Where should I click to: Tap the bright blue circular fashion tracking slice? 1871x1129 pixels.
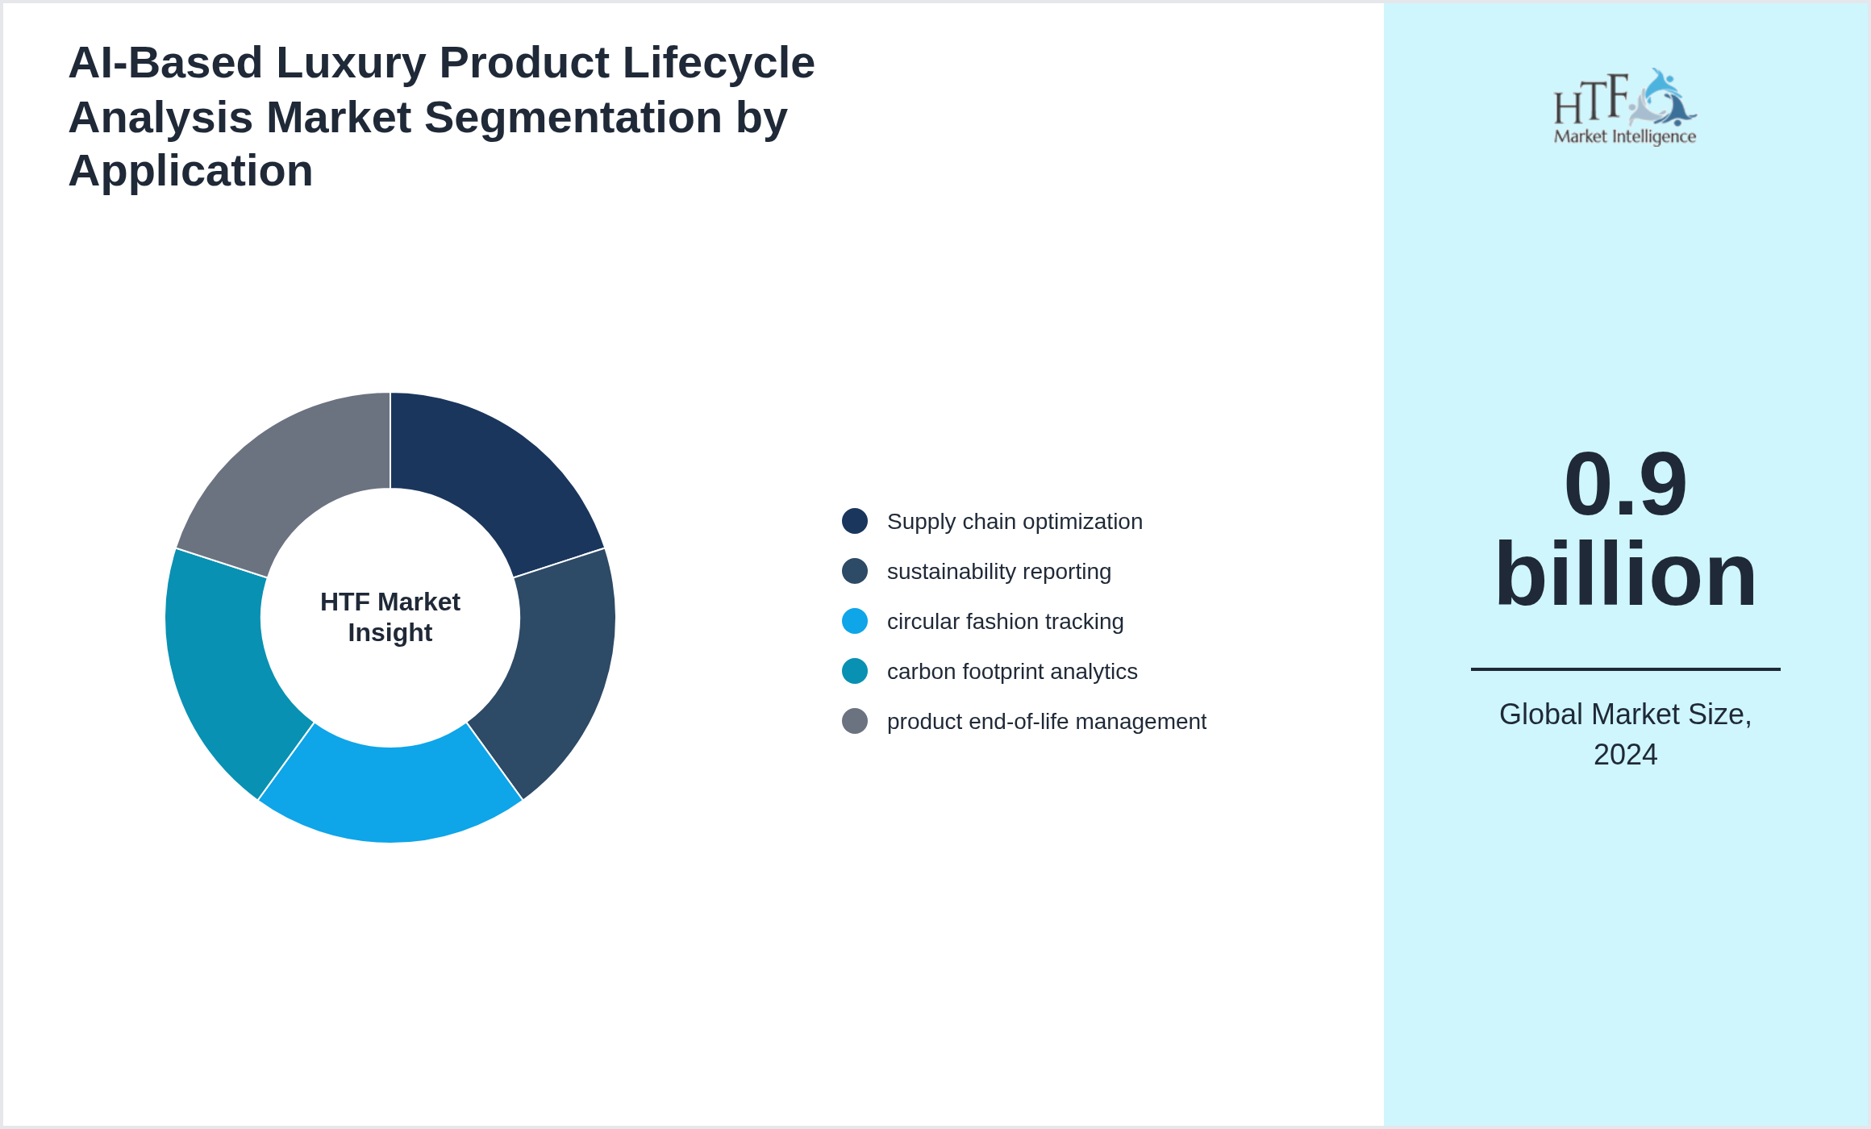coord(390,794)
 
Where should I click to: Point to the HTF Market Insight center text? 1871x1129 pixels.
coord(390,617)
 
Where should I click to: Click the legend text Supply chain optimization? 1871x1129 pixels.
coord(1014,522)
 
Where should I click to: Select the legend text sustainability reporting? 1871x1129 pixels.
coord(998,572)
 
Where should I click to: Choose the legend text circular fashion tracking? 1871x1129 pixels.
coord(1005,622)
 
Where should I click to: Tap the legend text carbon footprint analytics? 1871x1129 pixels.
coord(1011,672)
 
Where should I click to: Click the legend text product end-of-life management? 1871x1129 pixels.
coord(1046,722)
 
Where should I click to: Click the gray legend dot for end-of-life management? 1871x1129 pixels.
coord(855,721)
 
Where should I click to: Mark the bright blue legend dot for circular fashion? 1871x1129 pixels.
coord(855,621)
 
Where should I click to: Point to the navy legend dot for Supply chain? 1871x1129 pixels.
coord(855,521)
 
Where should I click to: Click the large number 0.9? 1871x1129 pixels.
coord(1625,485)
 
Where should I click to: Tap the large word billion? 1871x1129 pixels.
coord(1625,574)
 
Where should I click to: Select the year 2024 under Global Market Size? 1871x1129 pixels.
coord(1625,755)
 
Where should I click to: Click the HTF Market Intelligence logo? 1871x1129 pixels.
coord(1625,107)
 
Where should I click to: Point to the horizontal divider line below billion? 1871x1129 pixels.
coord(1625,669)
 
